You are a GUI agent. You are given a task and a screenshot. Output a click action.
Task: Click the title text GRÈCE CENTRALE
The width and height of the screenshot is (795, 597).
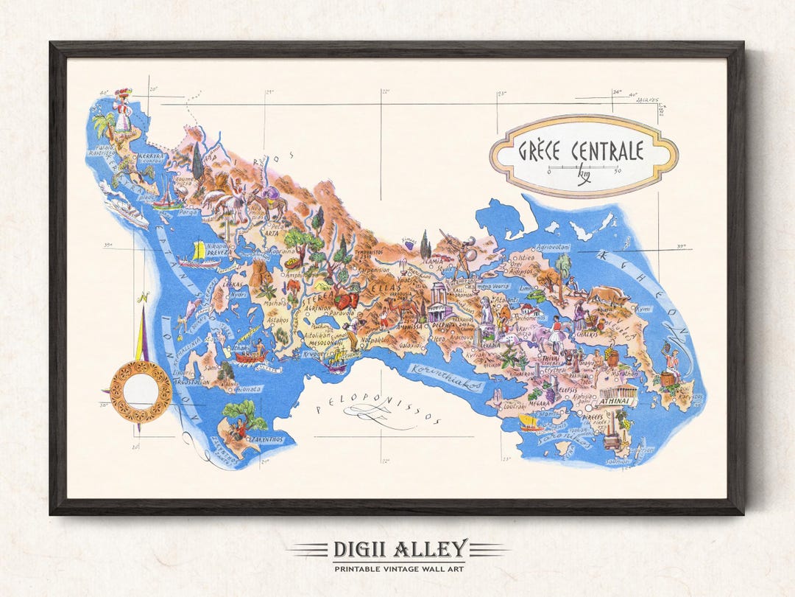580,151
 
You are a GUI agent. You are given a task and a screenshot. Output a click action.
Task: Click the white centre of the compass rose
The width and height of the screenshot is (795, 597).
140,391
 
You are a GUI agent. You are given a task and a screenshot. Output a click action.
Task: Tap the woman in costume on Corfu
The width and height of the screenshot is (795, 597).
122,111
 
